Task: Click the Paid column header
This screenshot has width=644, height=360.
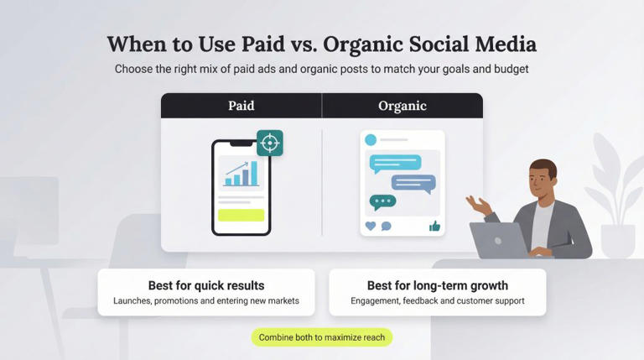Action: (241, 106)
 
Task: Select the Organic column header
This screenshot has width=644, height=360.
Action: (402, 106)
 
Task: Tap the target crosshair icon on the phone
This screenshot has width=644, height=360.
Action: (269, 143)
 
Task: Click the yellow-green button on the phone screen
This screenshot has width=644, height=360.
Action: (241, 215)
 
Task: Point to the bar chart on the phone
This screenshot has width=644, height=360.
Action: (241, 174)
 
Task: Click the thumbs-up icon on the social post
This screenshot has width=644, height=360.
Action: (434, 226)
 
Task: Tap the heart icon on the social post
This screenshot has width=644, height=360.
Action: (371, 226)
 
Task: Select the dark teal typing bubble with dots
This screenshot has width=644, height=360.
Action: (382, 201)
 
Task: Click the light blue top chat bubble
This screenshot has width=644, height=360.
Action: (395, 162)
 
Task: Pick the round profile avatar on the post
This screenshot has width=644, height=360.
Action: (371, 139)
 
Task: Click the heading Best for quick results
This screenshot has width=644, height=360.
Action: (206, 285)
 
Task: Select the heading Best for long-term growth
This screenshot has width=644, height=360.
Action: (437, 285)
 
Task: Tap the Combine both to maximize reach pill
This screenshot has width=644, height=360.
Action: (321, 337)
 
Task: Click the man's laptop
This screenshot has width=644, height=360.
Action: (499, 240)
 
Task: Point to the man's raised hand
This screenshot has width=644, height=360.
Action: (479, 204)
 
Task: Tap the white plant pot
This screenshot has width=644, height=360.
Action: (617, 241)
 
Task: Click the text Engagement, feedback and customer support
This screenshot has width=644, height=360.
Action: (437, 301)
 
